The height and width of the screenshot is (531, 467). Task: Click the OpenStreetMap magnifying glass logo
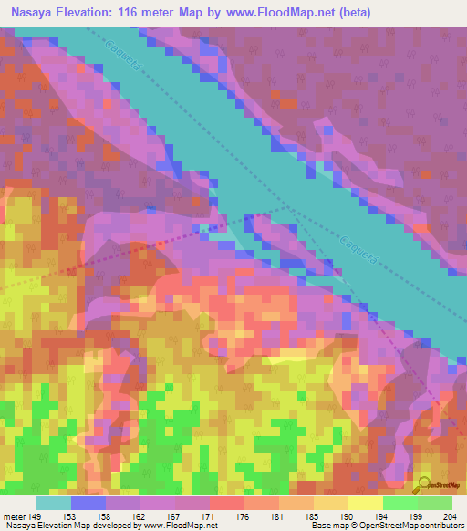[x=423, y=484]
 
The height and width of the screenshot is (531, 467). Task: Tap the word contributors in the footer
[x=442, y=525]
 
